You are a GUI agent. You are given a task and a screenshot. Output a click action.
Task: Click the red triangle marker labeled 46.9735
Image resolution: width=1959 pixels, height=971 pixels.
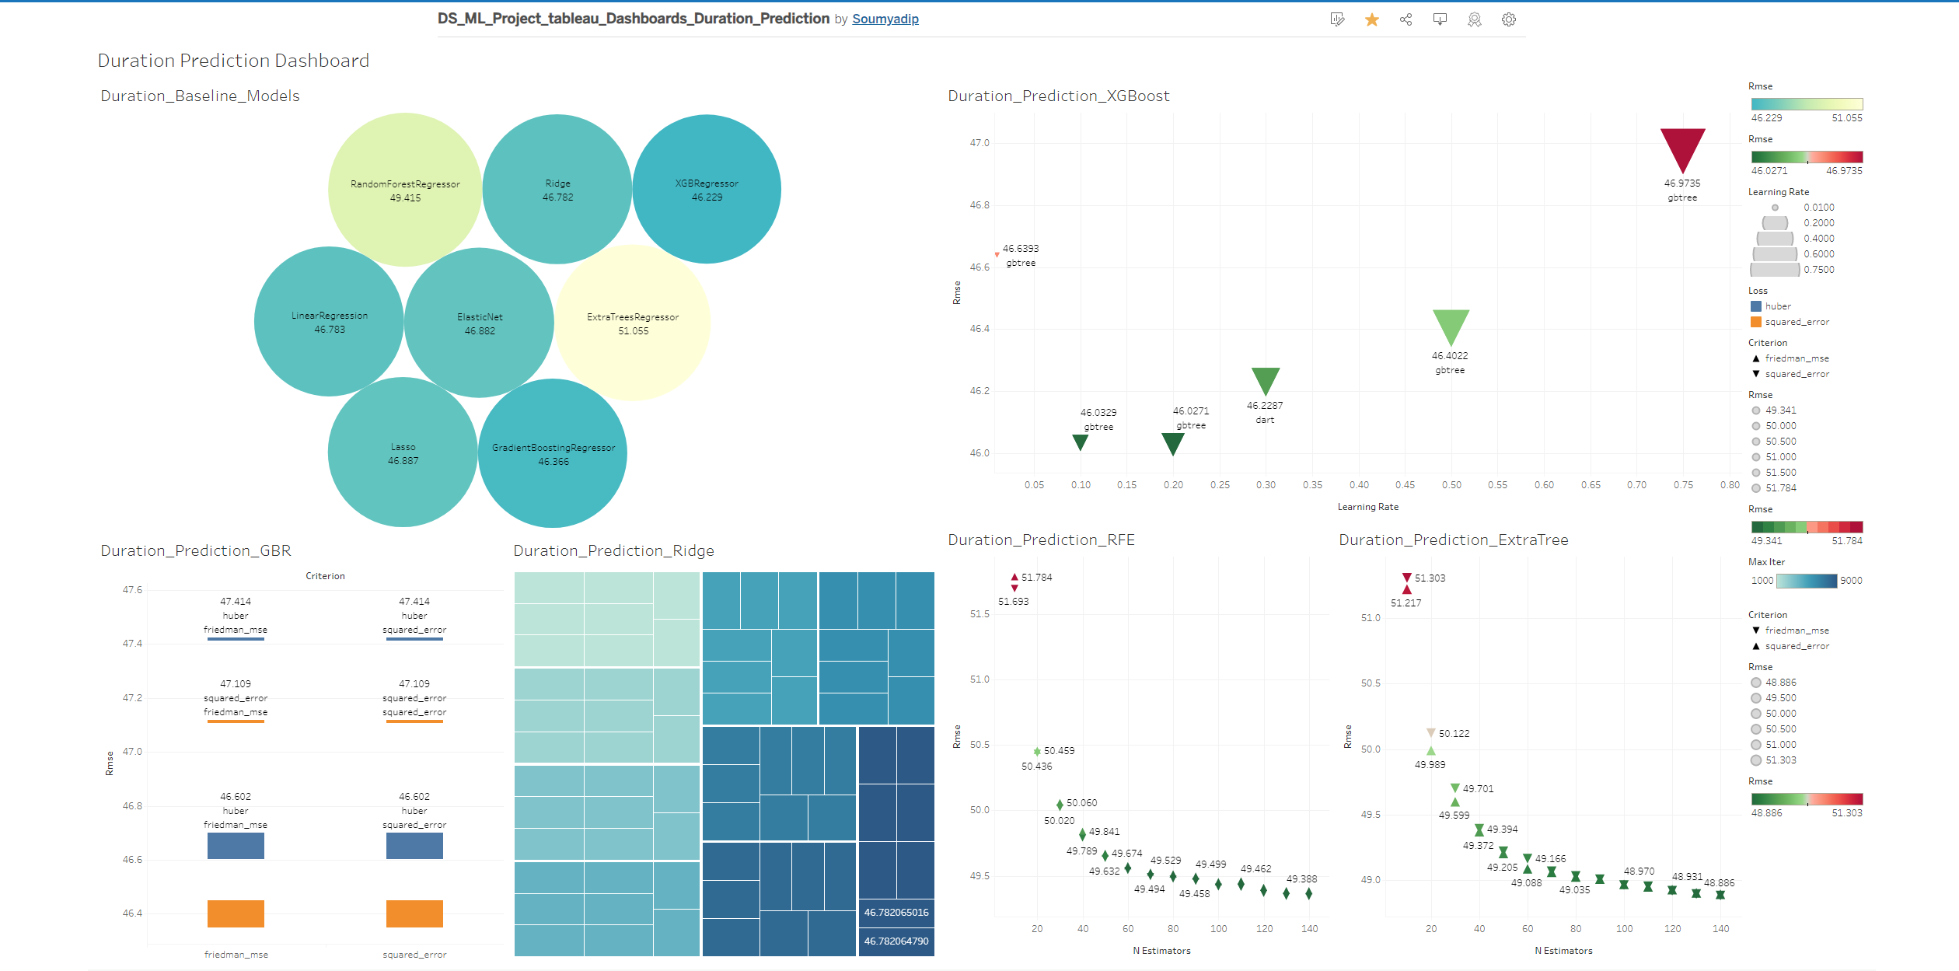(x=1682, y=148)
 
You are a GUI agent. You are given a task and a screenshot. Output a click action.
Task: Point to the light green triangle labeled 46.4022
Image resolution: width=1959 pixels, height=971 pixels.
(x=1450, y=325)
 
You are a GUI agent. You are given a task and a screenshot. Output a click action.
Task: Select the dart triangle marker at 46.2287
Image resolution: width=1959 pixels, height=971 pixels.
(x=1265, y=379)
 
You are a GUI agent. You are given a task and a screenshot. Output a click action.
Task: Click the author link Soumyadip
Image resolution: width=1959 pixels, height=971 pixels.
(x=885, y=19)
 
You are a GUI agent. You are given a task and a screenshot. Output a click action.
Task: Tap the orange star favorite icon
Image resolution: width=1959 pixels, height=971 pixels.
(x=1371, y=19)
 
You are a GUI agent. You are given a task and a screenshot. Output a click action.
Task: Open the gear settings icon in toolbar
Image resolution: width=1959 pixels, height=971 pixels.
(x=1508, y=19)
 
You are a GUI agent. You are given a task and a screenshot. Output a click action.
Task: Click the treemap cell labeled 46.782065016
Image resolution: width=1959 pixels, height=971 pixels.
(x=896, y=912)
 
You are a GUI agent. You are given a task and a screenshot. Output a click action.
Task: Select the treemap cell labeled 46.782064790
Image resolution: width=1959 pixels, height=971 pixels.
(x=896, y=941)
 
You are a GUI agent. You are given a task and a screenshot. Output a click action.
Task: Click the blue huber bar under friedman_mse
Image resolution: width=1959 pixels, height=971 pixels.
(x=236, y=845)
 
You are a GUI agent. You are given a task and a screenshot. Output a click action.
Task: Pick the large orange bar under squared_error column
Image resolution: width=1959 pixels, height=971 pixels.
(x=414, y=913)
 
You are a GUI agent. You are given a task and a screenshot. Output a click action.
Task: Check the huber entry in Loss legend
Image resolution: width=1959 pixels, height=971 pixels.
(x=1777, y=306)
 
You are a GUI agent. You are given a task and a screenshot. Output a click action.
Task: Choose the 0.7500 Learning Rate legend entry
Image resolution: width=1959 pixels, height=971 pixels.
(x=1818, y=270)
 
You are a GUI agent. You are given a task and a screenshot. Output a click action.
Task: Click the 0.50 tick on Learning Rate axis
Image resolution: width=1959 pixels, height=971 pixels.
(x=1451, y=484)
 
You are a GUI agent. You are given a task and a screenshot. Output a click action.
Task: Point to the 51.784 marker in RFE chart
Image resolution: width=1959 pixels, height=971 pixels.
(x=1014, y=577)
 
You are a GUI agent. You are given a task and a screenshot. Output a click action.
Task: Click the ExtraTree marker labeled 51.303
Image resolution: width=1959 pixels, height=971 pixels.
(x=1406, y=578)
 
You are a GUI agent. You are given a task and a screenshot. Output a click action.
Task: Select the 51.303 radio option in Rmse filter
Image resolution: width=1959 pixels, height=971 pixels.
(x=1756, y=760)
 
